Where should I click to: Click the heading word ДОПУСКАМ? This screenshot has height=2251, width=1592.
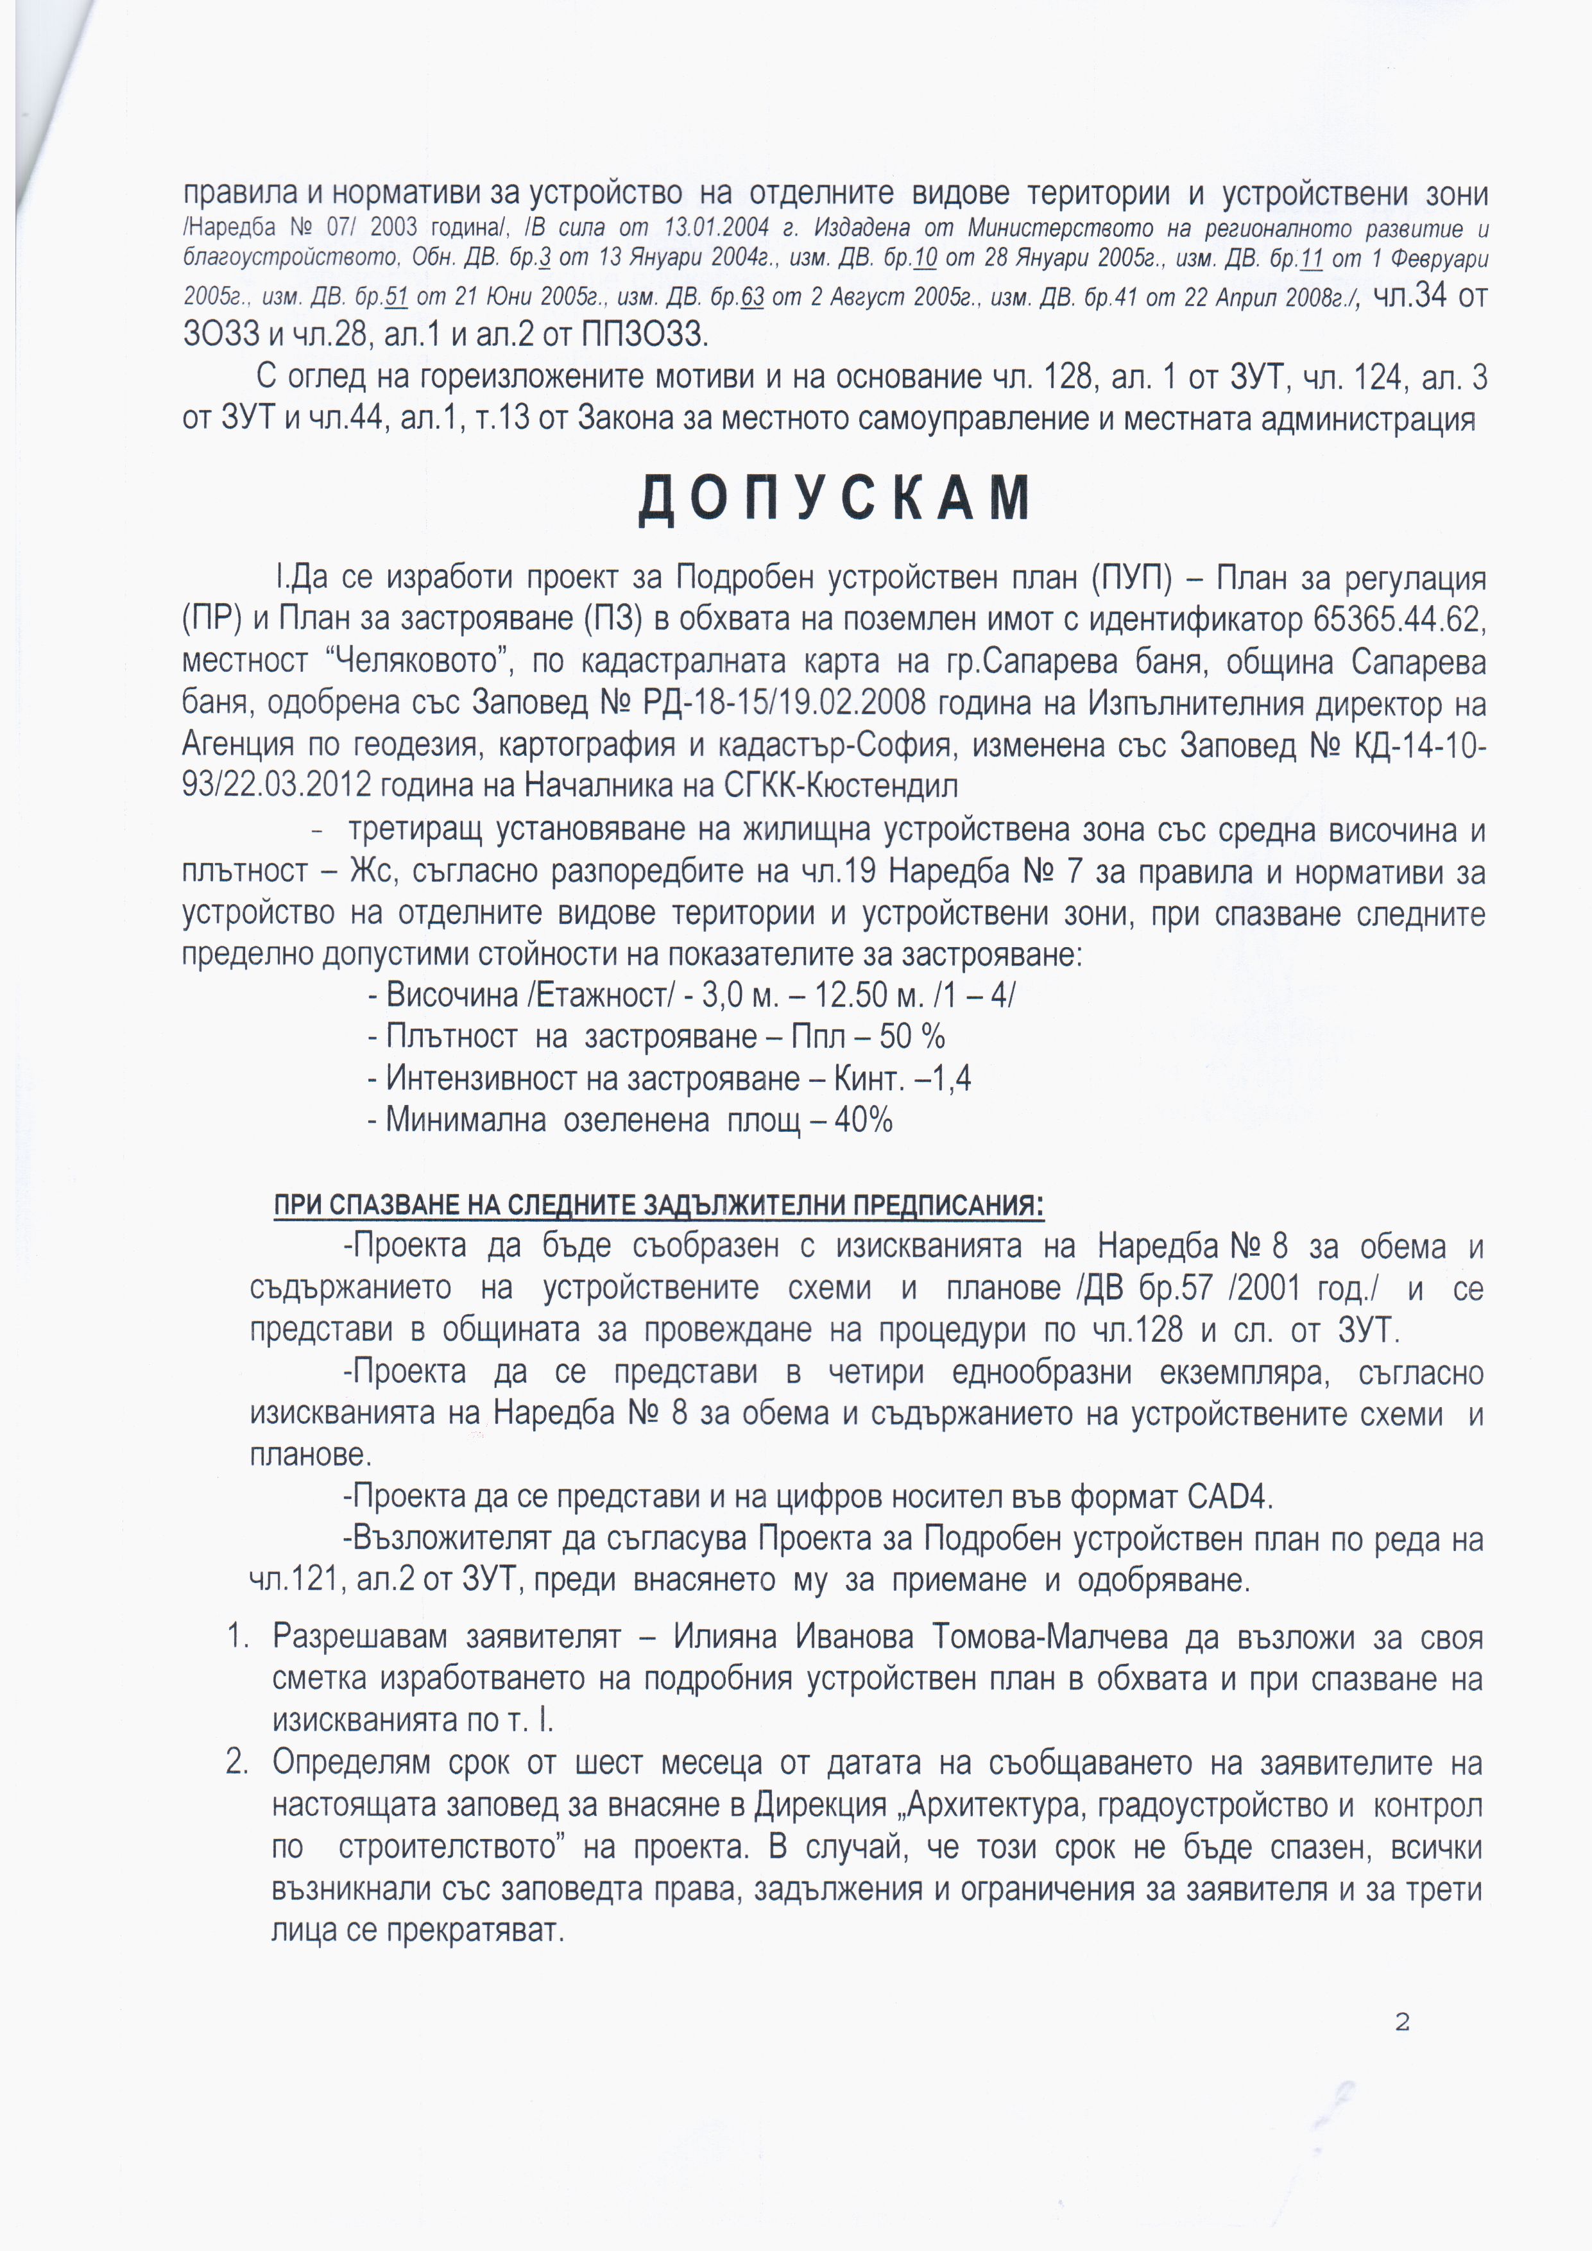(834, 498)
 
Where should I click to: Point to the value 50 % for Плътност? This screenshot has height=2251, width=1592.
(912, 1036)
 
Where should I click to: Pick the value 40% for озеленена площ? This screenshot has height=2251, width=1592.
(864, 1120)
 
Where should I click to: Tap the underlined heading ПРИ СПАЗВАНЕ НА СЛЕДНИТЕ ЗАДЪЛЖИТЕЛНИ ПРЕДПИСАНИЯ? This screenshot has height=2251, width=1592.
(659, 1205)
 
